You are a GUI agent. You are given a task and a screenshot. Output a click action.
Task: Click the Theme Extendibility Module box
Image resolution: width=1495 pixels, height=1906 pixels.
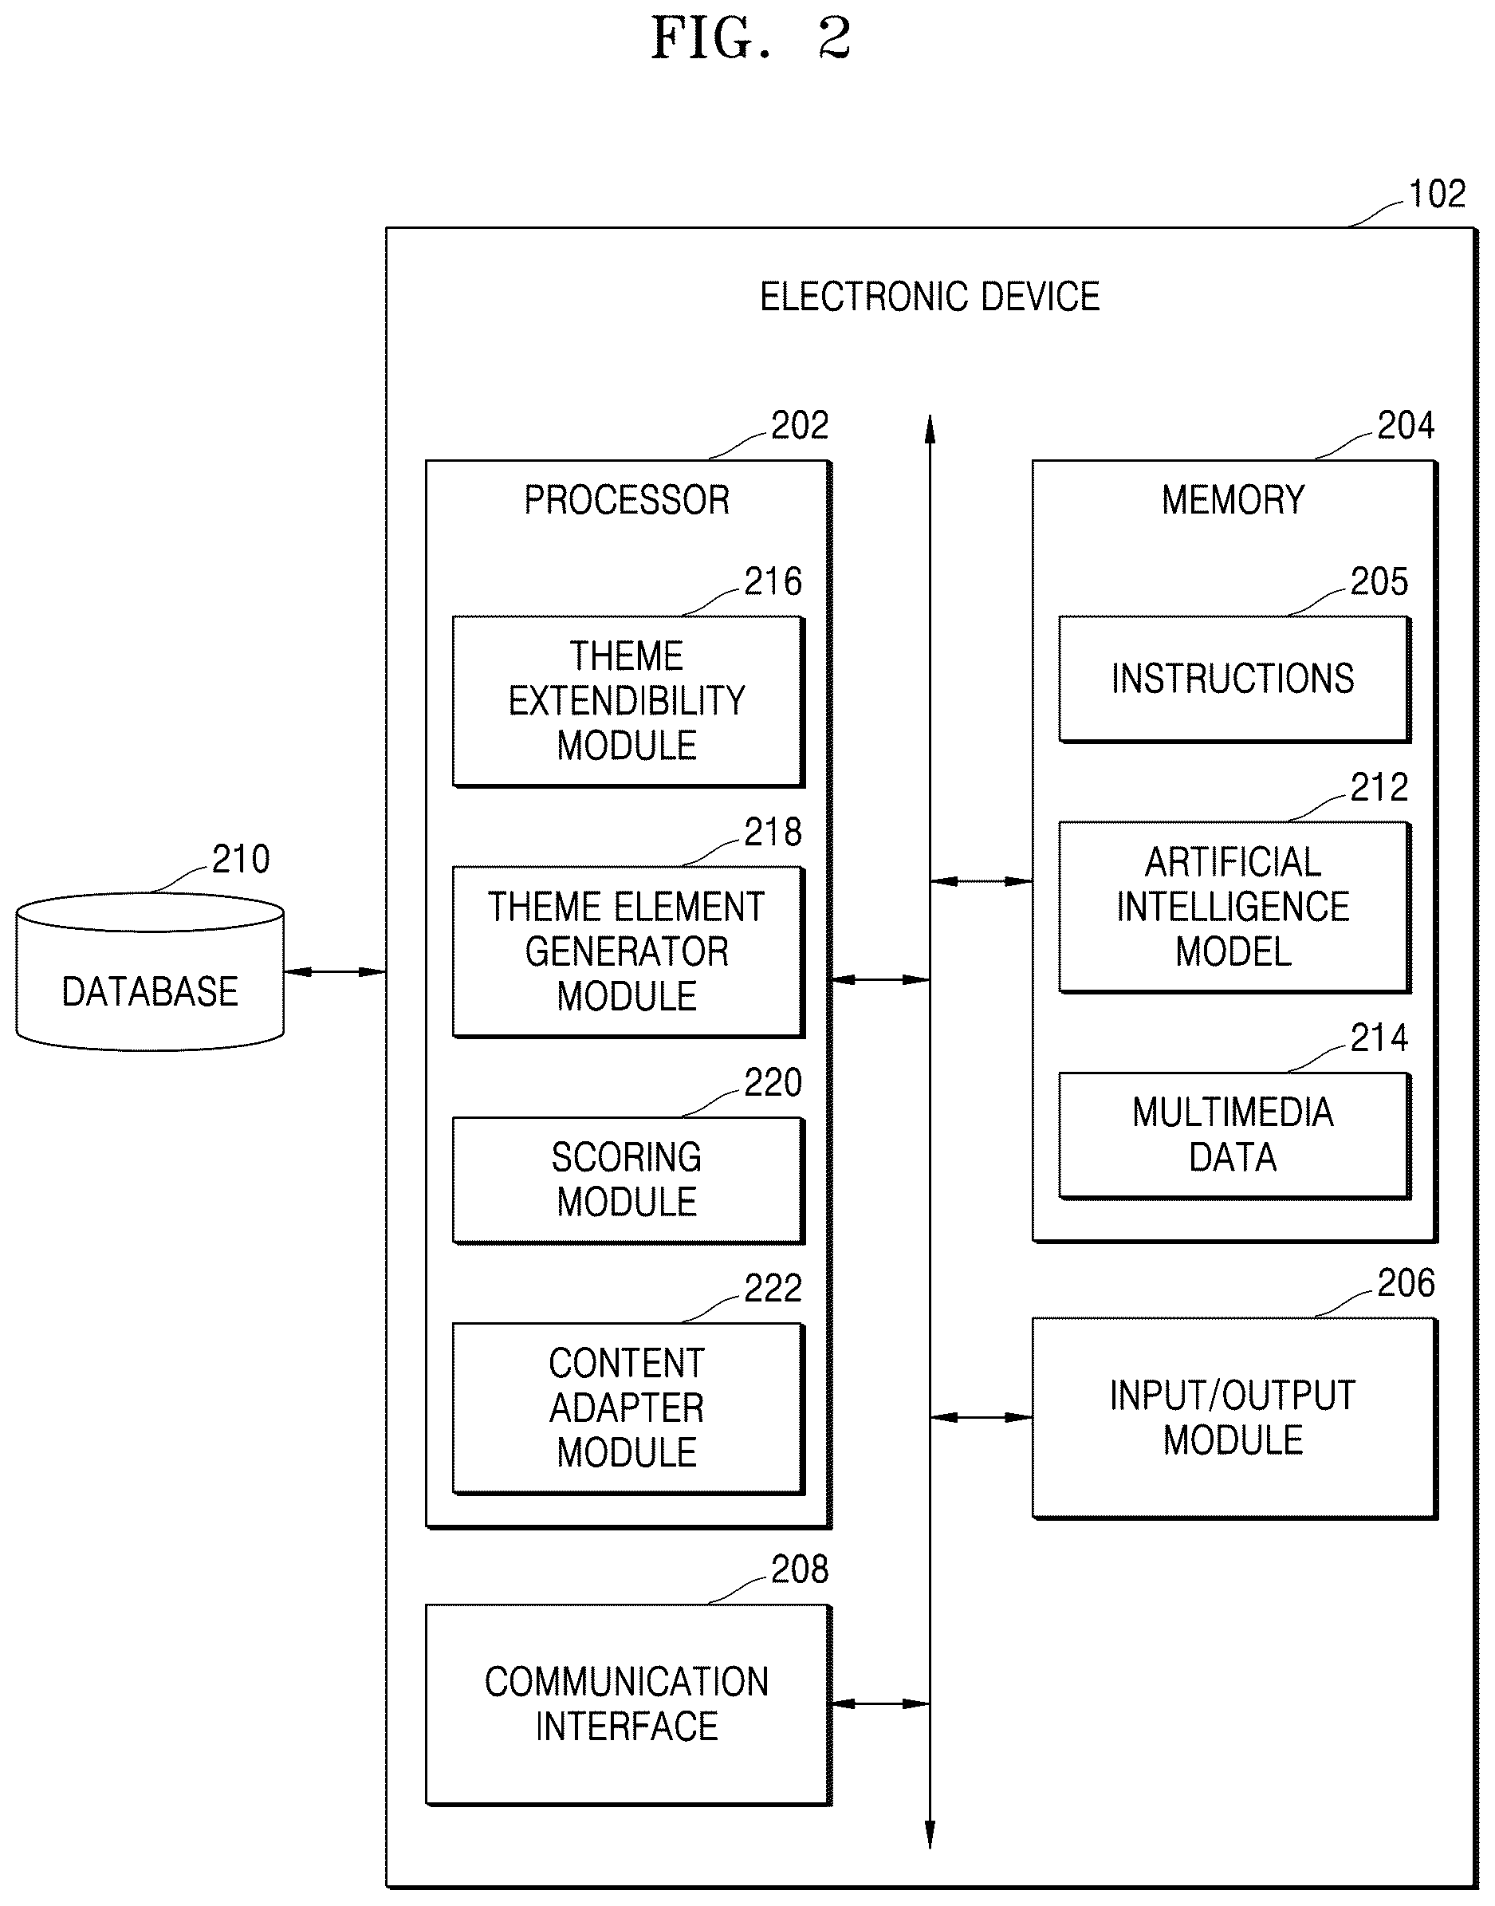(x=628, y=701)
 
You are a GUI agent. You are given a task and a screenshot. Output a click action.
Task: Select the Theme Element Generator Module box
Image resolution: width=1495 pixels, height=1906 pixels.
(x=628, y=951)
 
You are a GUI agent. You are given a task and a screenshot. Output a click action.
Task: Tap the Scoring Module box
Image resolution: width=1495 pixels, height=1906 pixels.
(x=628, y=1179)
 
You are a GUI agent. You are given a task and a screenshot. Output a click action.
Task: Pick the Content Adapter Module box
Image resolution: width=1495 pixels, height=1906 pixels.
(x=628, y=1408)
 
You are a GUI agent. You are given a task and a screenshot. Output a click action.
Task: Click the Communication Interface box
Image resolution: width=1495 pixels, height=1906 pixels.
(x=628, y=1703)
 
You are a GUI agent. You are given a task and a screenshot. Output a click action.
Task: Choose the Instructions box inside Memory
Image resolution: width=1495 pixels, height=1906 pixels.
(x=1234, y=679)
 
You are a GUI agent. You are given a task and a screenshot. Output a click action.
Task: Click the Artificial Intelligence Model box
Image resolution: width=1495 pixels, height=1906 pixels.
(x=1234, y=906)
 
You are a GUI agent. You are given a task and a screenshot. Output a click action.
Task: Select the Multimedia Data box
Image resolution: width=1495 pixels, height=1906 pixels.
(x=1234, y=1135)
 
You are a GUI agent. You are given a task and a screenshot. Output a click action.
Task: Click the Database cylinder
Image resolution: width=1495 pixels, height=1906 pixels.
(x=150, y=972)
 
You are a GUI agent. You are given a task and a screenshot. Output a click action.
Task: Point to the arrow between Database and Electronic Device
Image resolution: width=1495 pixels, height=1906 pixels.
(x=335, y=972)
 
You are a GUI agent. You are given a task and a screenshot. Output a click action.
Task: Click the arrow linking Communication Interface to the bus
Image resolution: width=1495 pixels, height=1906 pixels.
(x=879, y=1703)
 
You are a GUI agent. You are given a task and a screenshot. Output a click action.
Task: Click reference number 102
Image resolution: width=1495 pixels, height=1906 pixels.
(x=1436, y=195)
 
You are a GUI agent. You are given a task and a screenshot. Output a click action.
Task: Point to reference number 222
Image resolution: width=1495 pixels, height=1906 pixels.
(x=773, y=1288)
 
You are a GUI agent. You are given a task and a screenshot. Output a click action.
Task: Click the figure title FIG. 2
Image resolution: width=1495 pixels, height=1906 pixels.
(x=751, y=38)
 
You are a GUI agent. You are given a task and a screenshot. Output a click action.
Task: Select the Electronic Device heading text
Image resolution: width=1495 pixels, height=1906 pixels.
(x=930, y=297)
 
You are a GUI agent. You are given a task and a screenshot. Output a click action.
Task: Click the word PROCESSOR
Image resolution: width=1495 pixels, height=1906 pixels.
(x=627, y=500)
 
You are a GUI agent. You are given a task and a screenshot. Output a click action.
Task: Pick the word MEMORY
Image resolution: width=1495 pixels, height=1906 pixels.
(x=1233, y=500)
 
